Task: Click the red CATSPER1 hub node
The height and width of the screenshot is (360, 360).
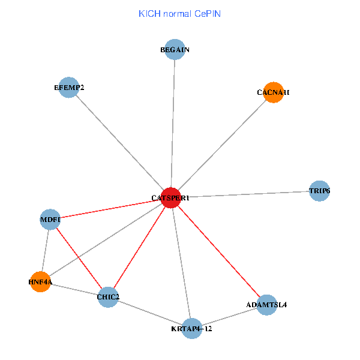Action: coord(171,198)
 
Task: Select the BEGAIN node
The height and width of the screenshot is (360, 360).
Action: coord(175,50)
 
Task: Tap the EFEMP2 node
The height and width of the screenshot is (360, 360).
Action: coord(69,88)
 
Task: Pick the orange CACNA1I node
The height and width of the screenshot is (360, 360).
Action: coord(273,92)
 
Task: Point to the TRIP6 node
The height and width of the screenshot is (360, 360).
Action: coord(319,191)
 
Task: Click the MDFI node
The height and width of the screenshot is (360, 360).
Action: coord(50,220)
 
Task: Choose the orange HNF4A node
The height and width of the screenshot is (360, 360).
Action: coord(40,281)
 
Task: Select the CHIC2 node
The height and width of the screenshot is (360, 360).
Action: coord(108,297)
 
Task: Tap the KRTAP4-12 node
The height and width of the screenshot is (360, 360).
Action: coord(191,328)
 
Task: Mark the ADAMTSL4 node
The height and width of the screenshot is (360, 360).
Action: coord(266,305)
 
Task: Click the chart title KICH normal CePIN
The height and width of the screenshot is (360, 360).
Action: coord(179,13)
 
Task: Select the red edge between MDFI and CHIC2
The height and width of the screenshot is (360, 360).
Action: coord(79,258)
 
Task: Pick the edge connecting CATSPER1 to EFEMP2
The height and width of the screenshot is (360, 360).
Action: coord(120,143)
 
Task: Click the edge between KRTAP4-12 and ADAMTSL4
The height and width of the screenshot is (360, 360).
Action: coord(229,317)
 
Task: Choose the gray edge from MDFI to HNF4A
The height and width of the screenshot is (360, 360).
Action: coord(45,250)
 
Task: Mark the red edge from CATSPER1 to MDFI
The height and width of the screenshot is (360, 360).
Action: coord(110,209)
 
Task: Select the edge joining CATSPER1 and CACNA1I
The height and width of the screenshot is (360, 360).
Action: coord(222,145)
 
